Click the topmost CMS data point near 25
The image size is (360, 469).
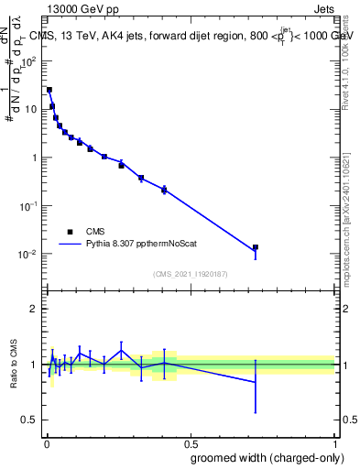point(49,90)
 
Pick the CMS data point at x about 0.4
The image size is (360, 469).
point(164,190)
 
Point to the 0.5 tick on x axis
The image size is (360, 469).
point(191,442)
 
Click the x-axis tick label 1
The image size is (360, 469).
point(335,442)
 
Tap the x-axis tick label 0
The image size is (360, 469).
point(47,442)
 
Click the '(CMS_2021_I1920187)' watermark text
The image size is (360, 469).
point(191,274)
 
